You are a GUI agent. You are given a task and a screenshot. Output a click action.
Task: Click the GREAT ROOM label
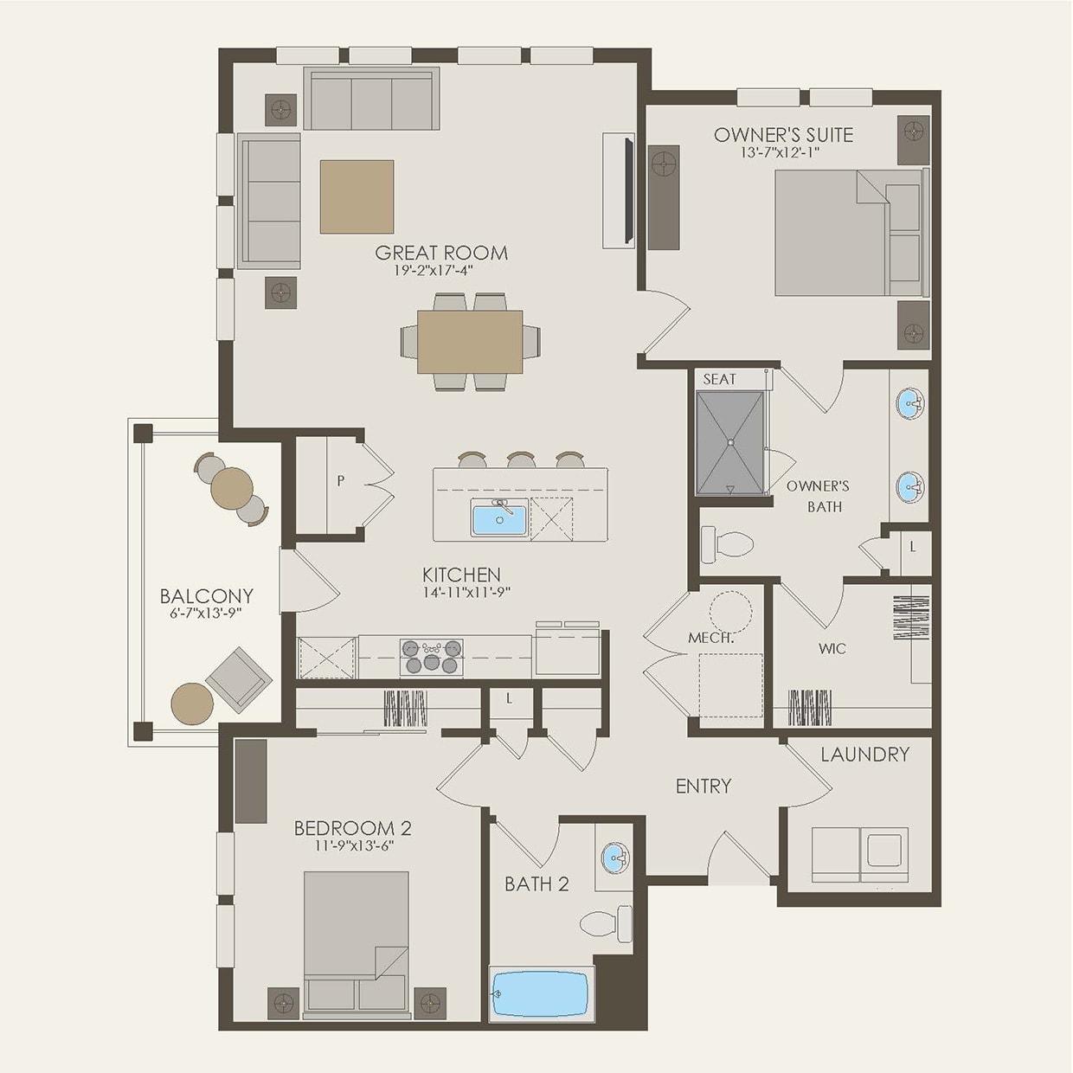(x=441, y=253)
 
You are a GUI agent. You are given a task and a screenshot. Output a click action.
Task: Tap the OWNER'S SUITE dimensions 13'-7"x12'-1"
(x=780, y=152)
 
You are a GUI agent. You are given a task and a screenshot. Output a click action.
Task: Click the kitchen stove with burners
(x=431, y=657)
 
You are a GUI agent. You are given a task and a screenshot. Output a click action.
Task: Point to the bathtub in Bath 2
(x=541, y=993)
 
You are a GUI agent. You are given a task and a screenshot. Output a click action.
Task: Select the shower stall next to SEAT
(x=731, y=443)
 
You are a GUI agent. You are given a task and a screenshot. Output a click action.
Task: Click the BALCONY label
(x=206, y=596)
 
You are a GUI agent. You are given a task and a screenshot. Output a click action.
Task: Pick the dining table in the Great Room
(x=470, y=342)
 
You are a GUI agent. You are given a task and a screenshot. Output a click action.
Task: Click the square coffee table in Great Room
(x=357, y=196)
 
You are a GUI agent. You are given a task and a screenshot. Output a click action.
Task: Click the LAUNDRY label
(x=864, y=755)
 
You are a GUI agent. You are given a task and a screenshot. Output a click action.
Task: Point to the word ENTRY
(x=704, y=786)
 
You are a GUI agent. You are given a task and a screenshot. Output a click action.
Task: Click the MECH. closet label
(x=711, y=638)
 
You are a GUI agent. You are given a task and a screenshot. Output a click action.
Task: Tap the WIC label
(x=832, y=648)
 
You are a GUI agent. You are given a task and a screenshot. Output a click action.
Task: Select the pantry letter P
(x=341, y=480)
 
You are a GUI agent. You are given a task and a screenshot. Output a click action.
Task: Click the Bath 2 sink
(x=614, y=858)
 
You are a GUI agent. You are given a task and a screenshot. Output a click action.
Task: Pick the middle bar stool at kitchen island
(x=521, y=459)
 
